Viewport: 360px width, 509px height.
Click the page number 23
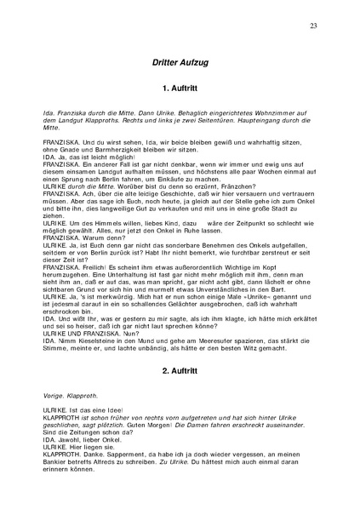pos(314,26)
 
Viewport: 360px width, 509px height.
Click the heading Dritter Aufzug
pos(180,64)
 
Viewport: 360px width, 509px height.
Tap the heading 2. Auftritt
pos(180,372)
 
